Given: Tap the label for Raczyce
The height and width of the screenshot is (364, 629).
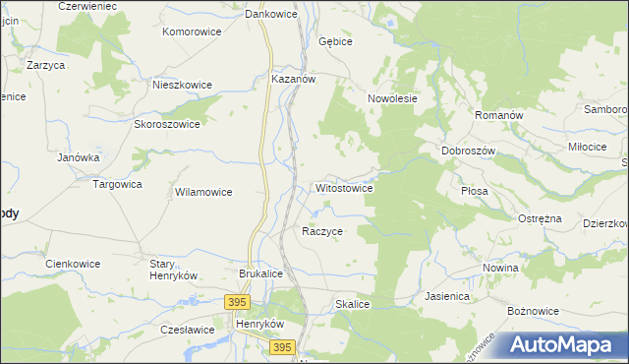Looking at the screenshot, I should [321, 231].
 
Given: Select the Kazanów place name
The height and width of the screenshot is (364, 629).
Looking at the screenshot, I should [292, 80].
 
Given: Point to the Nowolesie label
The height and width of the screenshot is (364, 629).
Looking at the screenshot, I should [393, 98].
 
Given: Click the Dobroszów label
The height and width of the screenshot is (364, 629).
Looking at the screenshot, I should [467, 151].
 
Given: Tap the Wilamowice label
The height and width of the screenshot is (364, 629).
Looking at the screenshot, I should [203, 192].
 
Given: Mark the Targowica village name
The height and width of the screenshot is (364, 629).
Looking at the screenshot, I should [117, 184].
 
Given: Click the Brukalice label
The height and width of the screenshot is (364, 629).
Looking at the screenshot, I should [261, 274].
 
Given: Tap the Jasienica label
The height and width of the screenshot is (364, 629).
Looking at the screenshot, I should [447, 295].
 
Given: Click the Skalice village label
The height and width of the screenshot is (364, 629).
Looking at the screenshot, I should [352, 305].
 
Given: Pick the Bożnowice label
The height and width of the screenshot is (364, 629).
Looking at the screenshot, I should [533, 311].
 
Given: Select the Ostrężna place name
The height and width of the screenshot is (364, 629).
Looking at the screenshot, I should [539, 217].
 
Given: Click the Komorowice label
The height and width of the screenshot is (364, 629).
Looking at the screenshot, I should [192, 31].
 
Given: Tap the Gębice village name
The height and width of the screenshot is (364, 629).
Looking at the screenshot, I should [335, 42].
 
